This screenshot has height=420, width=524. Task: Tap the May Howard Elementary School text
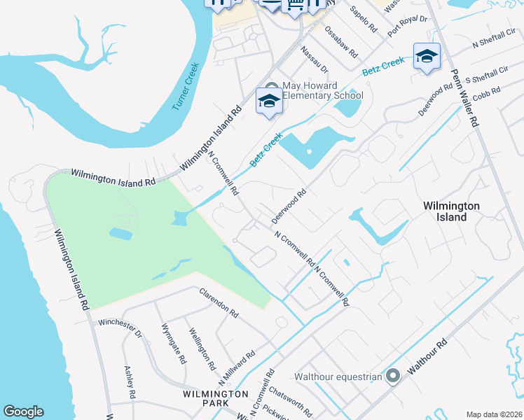click(x=322, y=91)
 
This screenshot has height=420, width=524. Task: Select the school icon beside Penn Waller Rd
click(x=426, y=57)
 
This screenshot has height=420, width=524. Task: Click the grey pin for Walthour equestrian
click(x=392, y=377)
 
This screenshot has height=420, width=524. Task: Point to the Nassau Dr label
click(x=314, y=60)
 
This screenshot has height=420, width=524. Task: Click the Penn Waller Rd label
click(x=464, y=97)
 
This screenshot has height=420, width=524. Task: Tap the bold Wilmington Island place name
click(x=452, y=211)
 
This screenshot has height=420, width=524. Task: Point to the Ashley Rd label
click(x=129, y=382)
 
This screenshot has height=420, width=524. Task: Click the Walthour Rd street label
click(x=428, y=357)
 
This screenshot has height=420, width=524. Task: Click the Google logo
click(x=23, y=412)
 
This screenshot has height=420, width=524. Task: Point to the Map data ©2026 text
click(x=494, y=414)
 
